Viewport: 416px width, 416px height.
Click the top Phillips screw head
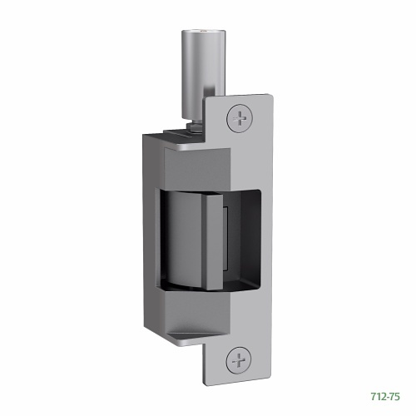240,116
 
